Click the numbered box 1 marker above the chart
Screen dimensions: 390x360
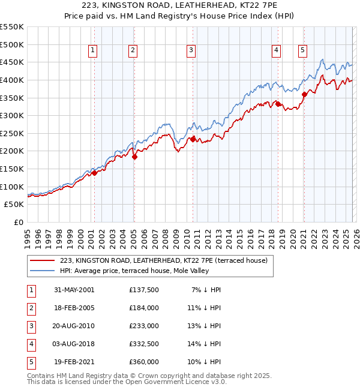pyautogui.click(x=94, y=51)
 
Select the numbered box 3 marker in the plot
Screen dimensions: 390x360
pyautogui.click(x=191, y=51)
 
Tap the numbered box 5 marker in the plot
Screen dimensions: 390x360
pyautogui.click(x=302, y=51)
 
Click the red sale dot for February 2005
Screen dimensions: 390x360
pyautogui.click(x=134, y=157)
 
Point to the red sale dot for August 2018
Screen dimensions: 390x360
pyautogui.click(x=278, y=104)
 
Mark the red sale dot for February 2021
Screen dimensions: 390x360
pyautogui.click(x=304, y=94)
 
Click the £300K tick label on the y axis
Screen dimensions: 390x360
pyautogui.click(x=12, y=115)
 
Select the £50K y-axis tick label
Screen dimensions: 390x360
pyautogui.click(x=14, y=205)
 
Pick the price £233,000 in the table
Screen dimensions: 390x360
pyautogui.click(x=143, y=326)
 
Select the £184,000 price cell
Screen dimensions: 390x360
pyautogui.click(x=143, y=308)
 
